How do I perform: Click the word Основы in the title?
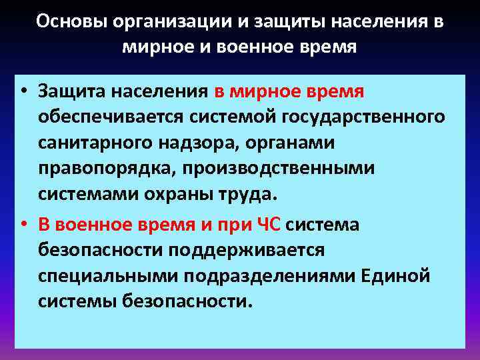[x=71, y=21]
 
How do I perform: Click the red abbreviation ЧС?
[x=269, y=225]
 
